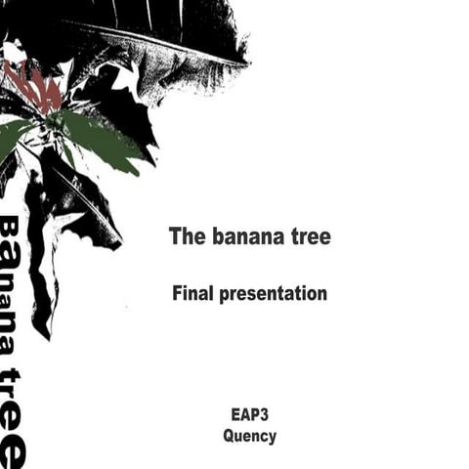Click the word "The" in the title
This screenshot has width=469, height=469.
185,236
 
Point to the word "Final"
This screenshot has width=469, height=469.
192,292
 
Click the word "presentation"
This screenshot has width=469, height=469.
273,293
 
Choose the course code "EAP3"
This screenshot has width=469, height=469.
249,415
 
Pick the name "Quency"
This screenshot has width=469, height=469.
249,437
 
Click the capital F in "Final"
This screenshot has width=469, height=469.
177,292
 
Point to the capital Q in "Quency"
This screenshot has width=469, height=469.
229,436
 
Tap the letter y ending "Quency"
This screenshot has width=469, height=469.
272,439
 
